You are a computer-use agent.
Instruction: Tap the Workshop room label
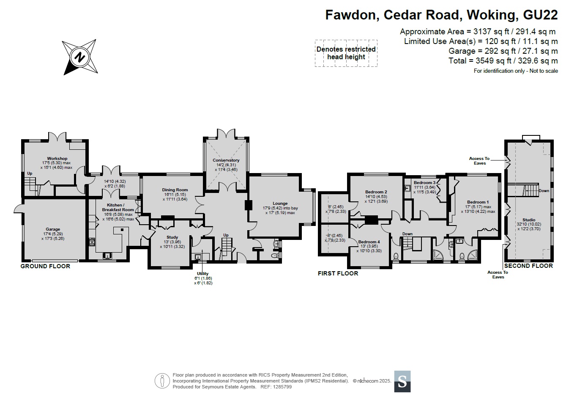(57, 159)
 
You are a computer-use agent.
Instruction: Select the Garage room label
(53, 229)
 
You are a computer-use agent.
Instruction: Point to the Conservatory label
(226, 160)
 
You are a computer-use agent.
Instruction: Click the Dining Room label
(175, 190)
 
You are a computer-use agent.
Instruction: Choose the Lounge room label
(280, 204)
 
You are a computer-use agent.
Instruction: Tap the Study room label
(172, 237)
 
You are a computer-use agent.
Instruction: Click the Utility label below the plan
(202, 274)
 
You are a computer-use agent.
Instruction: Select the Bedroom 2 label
(376, 192)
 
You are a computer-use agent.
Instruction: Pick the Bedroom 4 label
(369, 242)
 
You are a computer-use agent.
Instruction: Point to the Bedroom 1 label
(478, 202)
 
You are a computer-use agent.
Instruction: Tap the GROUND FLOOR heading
(45, 266)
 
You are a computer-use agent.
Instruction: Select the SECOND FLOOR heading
(529, 266)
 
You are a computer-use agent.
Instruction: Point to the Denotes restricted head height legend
(346, 53)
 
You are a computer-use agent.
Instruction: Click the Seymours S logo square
(402, 382)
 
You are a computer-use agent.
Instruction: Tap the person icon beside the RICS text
(162, 381)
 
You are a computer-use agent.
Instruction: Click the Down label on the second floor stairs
(544, 191)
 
